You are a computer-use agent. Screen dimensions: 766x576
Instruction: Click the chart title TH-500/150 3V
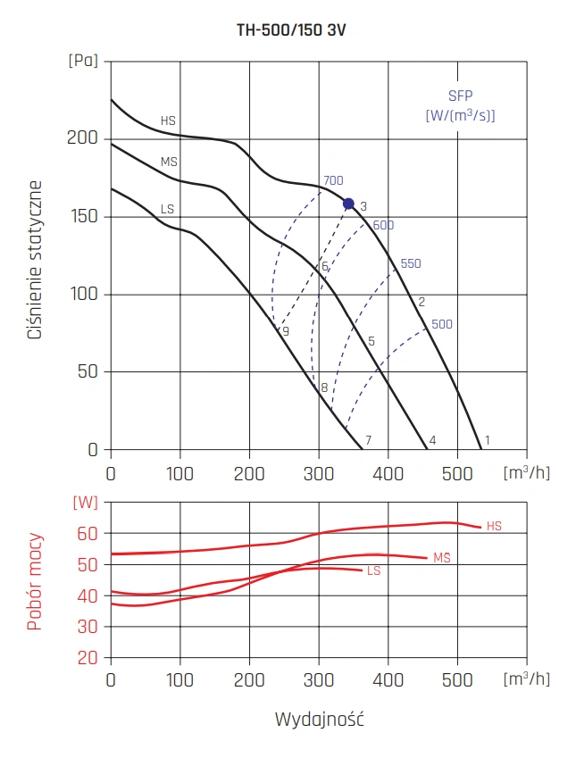pos(288,29)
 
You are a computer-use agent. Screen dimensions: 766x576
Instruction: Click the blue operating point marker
pos(348,204)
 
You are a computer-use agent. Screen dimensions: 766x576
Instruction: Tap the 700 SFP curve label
pos(333,181)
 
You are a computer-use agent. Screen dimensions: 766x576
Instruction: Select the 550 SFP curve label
pos(410,264)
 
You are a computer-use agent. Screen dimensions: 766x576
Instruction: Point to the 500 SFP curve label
pos(441,325)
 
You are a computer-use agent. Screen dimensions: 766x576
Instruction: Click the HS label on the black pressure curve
pos(168,121)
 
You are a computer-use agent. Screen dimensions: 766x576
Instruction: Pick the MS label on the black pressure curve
pos(169,162)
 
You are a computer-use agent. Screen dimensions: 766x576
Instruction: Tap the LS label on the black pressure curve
pos(167,209)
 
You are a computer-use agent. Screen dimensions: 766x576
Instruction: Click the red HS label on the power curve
pos(494,527)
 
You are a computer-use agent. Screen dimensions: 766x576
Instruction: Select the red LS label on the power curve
pos(373,570)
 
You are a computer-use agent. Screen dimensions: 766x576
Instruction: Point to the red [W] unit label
pos(84,502)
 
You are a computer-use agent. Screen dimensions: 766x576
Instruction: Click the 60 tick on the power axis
pos(87,534)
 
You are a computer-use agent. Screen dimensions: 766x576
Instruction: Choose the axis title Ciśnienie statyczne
pos(37,259)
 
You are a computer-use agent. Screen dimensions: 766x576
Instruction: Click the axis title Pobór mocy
pos(35,582)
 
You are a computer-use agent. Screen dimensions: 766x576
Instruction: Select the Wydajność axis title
pos(319,720)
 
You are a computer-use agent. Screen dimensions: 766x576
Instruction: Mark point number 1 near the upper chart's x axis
pos(488,440)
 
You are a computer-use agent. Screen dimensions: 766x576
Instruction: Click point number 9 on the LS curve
pos(286,332)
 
